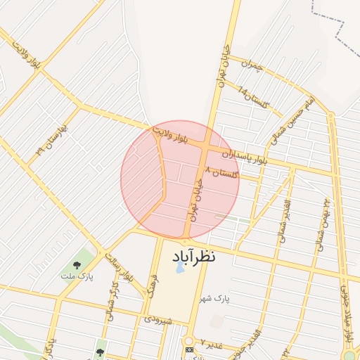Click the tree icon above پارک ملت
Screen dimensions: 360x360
tap(77, 264)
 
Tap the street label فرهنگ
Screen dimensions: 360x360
tap(150, 288)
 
